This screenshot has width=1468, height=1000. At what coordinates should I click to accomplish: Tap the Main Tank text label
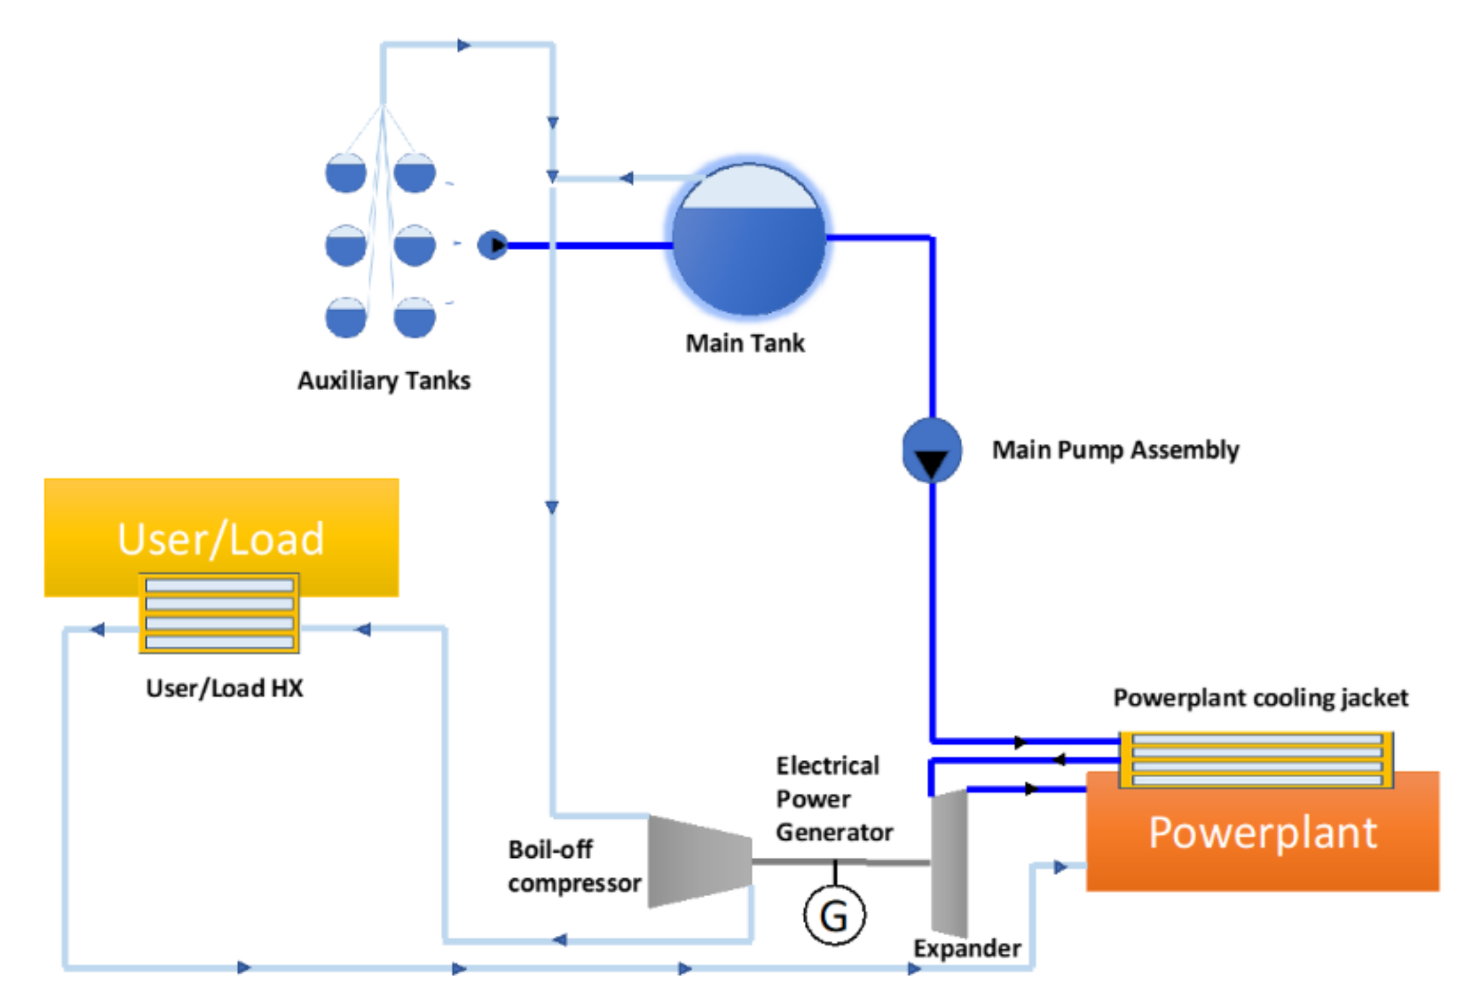click(x=745, y=343)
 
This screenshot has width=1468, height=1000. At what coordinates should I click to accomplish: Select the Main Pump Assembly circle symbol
click(x=932, y=450)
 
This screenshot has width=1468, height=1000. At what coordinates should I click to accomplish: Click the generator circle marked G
click(x=834, y=915)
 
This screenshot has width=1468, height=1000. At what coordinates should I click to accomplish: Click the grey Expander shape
click(x=949, y=862)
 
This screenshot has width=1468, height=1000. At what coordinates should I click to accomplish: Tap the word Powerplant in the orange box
click(x=1262, y=833)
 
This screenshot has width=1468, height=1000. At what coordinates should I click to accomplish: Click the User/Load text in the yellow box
click(x=221, y=538)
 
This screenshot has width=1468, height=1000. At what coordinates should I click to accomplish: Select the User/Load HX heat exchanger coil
click(x=219, y=613)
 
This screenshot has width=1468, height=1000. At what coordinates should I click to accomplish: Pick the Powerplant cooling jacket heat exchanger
click(x=1256, y=759)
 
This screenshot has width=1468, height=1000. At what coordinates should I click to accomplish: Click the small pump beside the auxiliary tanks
click(x=492, y=245)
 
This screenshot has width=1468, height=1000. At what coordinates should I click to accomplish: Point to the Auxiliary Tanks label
click(x=384, y=381)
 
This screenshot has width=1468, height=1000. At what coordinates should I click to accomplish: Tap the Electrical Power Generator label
click(x=833, y=799)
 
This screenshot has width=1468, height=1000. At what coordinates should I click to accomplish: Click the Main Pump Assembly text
click(x=1116, y=450)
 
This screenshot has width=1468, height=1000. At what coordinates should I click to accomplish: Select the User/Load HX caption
click(x=225, y=688)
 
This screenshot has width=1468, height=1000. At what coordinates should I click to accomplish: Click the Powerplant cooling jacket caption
click(x=1260, y=698)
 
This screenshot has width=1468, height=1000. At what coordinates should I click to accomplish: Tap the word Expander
click(x=967, y=948)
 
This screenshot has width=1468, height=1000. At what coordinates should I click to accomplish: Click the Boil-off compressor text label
click(x=574, y=866)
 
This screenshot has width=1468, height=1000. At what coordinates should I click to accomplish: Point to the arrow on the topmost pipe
click(x=464, y=45)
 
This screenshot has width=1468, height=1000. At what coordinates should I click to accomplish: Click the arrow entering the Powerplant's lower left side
click(x=1060, y=866)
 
